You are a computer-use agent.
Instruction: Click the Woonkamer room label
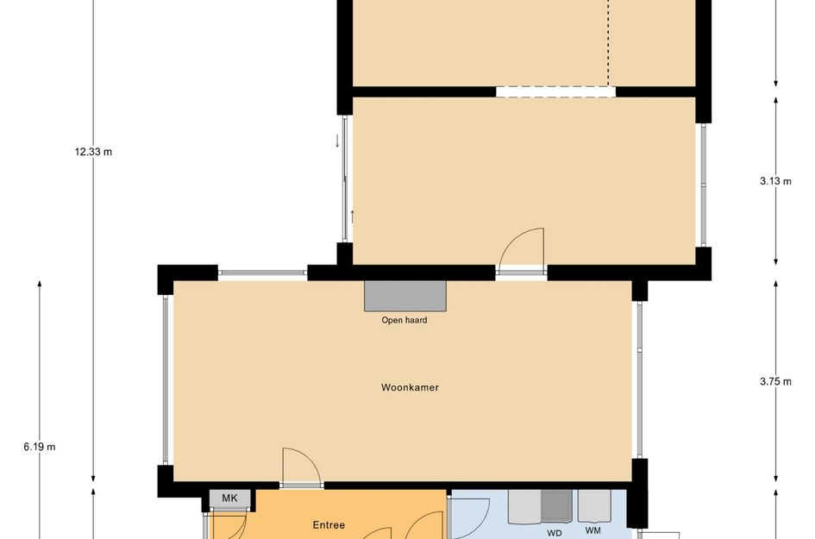[x=410, y=387]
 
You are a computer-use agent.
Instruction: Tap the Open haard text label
[x=404, y=320]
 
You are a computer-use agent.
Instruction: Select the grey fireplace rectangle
[x=405, y=296]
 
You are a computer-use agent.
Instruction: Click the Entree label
[x=328, y=524]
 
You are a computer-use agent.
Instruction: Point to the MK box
[x=229, y=498]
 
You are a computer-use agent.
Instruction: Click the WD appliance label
[x=555, y=532]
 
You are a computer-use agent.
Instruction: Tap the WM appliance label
[x=592, y=530]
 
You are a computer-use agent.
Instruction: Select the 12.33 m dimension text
[x=93, y=152]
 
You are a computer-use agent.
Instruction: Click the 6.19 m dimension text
[x=40, y=447]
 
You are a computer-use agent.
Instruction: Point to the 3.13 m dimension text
[x=774, y=181]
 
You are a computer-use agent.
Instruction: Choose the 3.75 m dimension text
[x=774, y=381]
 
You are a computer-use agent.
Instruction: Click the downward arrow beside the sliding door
[x=337, y=141]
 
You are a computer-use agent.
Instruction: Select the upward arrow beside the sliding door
[x=352, y=216]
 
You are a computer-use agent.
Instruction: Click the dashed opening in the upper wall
[x=555, y=91]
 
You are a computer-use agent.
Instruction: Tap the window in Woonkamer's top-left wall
[x=262, y=273]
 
